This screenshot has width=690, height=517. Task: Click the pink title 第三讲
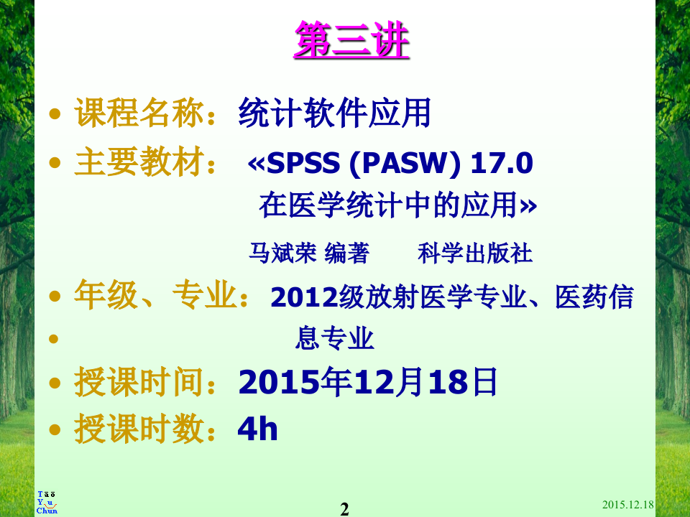351,41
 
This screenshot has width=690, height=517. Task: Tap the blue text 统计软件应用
334,114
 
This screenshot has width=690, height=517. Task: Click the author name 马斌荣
282,253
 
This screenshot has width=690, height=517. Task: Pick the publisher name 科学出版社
475,253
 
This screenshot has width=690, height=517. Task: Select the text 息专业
335,338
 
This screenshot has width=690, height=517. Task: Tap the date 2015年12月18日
367,383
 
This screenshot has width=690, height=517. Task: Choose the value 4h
257,429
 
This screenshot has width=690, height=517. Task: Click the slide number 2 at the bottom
344,509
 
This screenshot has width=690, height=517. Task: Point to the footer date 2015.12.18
627,505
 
